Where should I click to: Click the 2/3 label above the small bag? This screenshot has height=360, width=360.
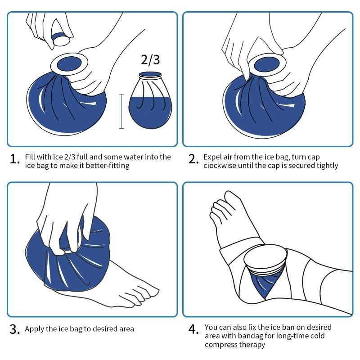[150, 60]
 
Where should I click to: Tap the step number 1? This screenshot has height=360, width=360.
[15, 159]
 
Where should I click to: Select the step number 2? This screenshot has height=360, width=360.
[193, 159]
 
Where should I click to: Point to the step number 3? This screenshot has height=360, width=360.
[15, 329]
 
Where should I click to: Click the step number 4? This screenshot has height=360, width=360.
[193, 329]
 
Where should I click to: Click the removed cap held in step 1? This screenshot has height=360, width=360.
[60, 39]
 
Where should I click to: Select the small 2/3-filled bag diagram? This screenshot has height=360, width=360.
[150, 100]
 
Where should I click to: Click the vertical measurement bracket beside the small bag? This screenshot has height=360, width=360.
[121, 111]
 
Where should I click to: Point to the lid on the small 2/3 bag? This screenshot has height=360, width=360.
[150, 74]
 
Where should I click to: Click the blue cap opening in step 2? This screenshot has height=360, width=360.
[267, 64]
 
